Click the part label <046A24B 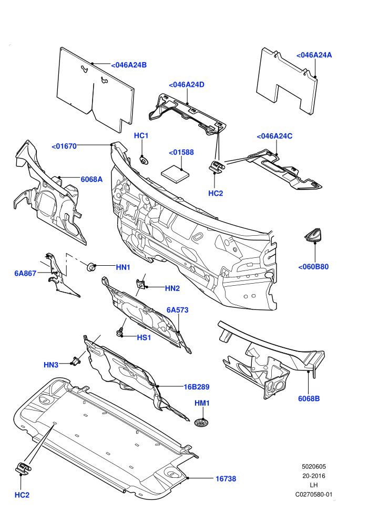click(129, 65)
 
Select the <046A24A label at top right click(314, 55)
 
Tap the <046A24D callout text click(187, 85)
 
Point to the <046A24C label click(274, 136)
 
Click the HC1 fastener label click(141, 136)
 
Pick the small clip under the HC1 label click(144, 160)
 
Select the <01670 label click(64, 146)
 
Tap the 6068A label click(91, 179)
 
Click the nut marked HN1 click(90, 266)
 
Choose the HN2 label click(172, 288)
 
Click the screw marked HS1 click(120, 332)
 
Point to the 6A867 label click(25, 274)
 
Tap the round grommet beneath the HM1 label click(201, 423)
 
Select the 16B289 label click(197, 387)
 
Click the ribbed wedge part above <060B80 click(313, 235)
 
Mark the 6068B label click(309, 399)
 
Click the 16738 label click(226, 479)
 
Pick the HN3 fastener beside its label click(77, 360)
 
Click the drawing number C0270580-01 click(314, 495)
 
